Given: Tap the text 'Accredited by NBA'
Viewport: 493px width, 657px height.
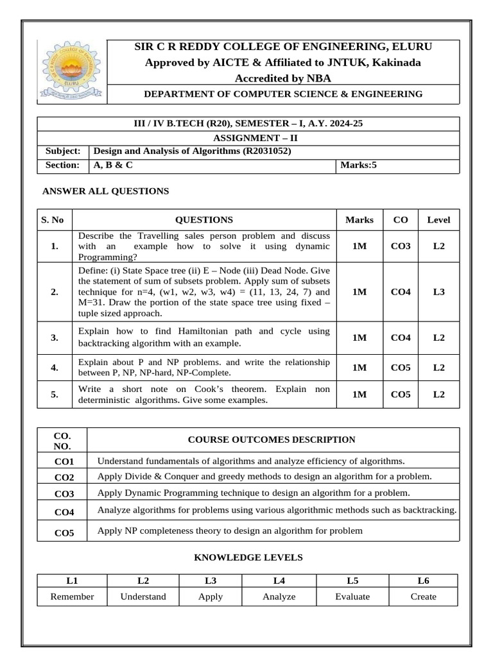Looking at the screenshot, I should pyautogui.click(x=282, y=78).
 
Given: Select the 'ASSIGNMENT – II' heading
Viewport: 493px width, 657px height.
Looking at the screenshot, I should pyautogui.click(x=254, y=137).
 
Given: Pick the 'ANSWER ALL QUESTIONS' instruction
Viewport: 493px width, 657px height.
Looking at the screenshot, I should pyautogui.click(x=105, y=191).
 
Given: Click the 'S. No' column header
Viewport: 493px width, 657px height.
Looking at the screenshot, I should pyautogui.click(x=53, y=219).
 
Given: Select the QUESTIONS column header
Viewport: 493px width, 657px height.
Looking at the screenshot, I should pyautogui.click(x=204, y=219).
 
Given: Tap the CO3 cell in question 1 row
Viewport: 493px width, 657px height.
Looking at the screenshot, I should pyautogui.click(x=400, y=246).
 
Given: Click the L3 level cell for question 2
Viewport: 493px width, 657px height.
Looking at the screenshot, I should pyautogui.click(x=438, y=292).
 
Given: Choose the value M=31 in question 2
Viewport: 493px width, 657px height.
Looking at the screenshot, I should pyautogui.click(x=92, y=303).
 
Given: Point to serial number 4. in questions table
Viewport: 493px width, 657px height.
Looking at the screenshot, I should pyautogui.click(x=55, y=368).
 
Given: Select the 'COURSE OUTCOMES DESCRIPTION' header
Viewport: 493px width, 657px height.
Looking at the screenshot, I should pyautogui.click(x=271, y=439).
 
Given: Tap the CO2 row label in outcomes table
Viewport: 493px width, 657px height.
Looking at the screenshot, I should pyautogui.click(x=64, y=477).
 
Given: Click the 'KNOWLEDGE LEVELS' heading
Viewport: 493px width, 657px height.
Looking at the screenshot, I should pyautogui.click(x=248, y=558).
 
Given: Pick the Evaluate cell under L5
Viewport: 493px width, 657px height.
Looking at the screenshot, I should pyautogui.click(x=352, y=597).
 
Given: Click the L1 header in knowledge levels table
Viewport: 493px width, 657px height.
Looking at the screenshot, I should pyautogui.click(x=72, y=581).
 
